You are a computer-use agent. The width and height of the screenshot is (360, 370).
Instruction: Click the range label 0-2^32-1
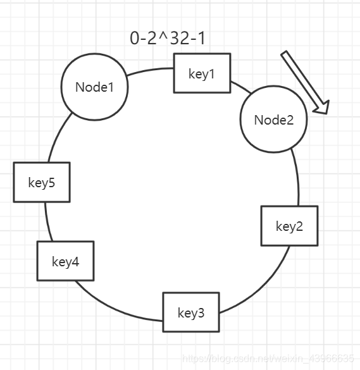tap(168, 38)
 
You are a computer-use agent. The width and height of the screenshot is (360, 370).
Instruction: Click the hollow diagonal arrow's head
tap(321, 108)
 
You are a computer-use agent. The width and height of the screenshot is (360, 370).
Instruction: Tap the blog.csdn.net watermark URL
tap(268, 358)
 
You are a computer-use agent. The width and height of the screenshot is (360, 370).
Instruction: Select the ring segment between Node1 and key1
tap(150, 70)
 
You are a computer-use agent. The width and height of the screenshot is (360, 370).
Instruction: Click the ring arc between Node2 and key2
tap(297, 177)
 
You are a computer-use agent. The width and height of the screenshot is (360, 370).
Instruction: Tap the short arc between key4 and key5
tap(47, 222)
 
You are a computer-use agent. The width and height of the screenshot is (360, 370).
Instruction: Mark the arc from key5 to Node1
tap(58, 136)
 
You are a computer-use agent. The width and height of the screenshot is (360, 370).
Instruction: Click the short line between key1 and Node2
tap(241, 87)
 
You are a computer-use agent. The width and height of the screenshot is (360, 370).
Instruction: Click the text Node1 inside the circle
tap(95, 87)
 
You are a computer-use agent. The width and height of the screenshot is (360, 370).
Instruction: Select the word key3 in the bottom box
tap(191, 313)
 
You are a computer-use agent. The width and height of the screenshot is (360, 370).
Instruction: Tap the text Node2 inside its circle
tap(274, 120)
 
